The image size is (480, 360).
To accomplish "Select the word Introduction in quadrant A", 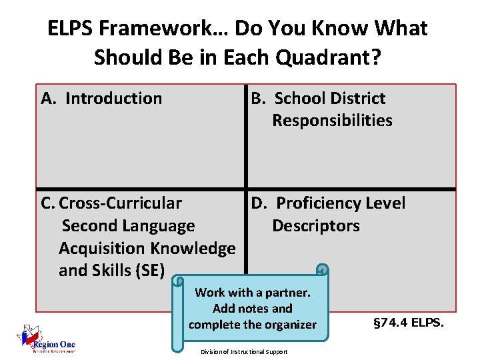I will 114,99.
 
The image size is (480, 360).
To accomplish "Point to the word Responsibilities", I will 332,121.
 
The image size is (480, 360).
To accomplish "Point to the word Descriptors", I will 316,225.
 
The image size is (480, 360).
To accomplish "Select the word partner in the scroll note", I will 287,293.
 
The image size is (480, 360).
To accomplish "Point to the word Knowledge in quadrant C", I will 193,248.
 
